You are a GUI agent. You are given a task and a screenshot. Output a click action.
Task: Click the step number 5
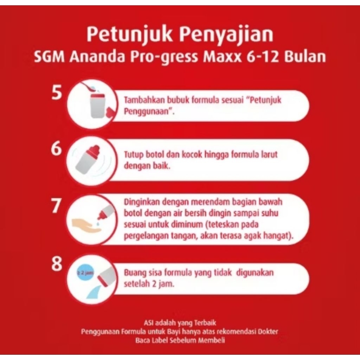click(x=57, y=92)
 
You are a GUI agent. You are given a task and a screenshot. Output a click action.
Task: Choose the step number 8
click(x=57, y=263)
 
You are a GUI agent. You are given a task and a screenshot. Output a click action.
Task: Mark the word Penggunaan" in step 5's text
click(x=149, y=111)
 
